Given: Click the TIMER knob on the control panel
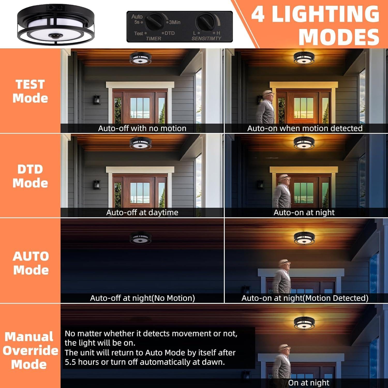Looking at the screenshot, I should (155, 22).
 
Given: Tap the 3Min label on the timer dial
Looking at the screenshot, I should (175, 23).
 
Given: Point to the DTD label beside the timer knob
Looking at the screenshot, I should (169, 33).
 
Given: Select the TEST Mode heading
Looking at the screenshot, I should (30, 91).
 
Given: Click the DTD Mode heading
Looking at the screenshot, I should (30, 176).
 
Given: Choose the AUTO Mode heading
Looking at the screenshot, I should (31, 263).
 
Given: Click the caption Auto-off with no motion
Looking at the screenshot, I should (142, 128).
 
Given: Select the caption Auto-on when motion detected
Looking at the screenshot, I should (305, 128).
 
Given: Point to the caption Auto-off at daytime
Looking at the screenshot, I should (142, 212).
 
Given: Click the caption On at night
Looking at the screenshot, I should (309, 383).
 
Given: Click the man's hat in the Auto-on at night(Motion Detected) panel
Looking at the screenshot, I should (284, 262).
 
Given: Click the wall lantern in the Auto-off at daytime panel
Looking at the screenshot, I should (97, 185).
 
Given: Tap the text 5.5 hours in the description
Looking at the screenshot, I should (81, 362).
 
